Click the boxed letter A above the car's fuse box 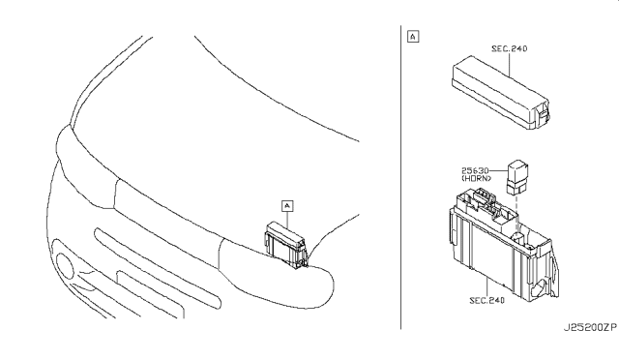(x=287, y=206)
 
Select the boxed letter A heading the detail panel (x=413, y=37)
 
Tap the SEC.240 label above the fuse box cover (x=510, y=48)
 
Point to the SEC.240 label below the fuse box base (x=486, y=300)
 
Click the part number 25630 (x=475, y=170)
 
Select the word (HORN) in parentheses (x=477, y=178)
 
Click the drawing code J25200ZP (x=590, y=328)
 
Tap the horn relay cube (x=518, y=177)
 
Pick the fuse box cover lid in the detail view (x=500, y=92)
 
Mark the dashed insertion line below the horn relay (x=516, y=215)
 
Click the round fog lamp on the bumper (x=65, y=265)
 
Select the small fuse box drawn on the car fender (x=285, y=245)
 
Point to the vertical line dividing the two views (x=400, y=177)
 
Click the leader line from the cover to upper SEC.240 (x=510, y=65)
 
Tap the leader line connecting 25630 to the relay (x=498, y=170)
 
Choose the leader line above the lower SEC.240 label (x=486, y=286)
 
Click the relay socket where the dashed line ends (x=518, y=237)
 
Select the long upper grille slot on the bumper (x=157, y=268)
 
